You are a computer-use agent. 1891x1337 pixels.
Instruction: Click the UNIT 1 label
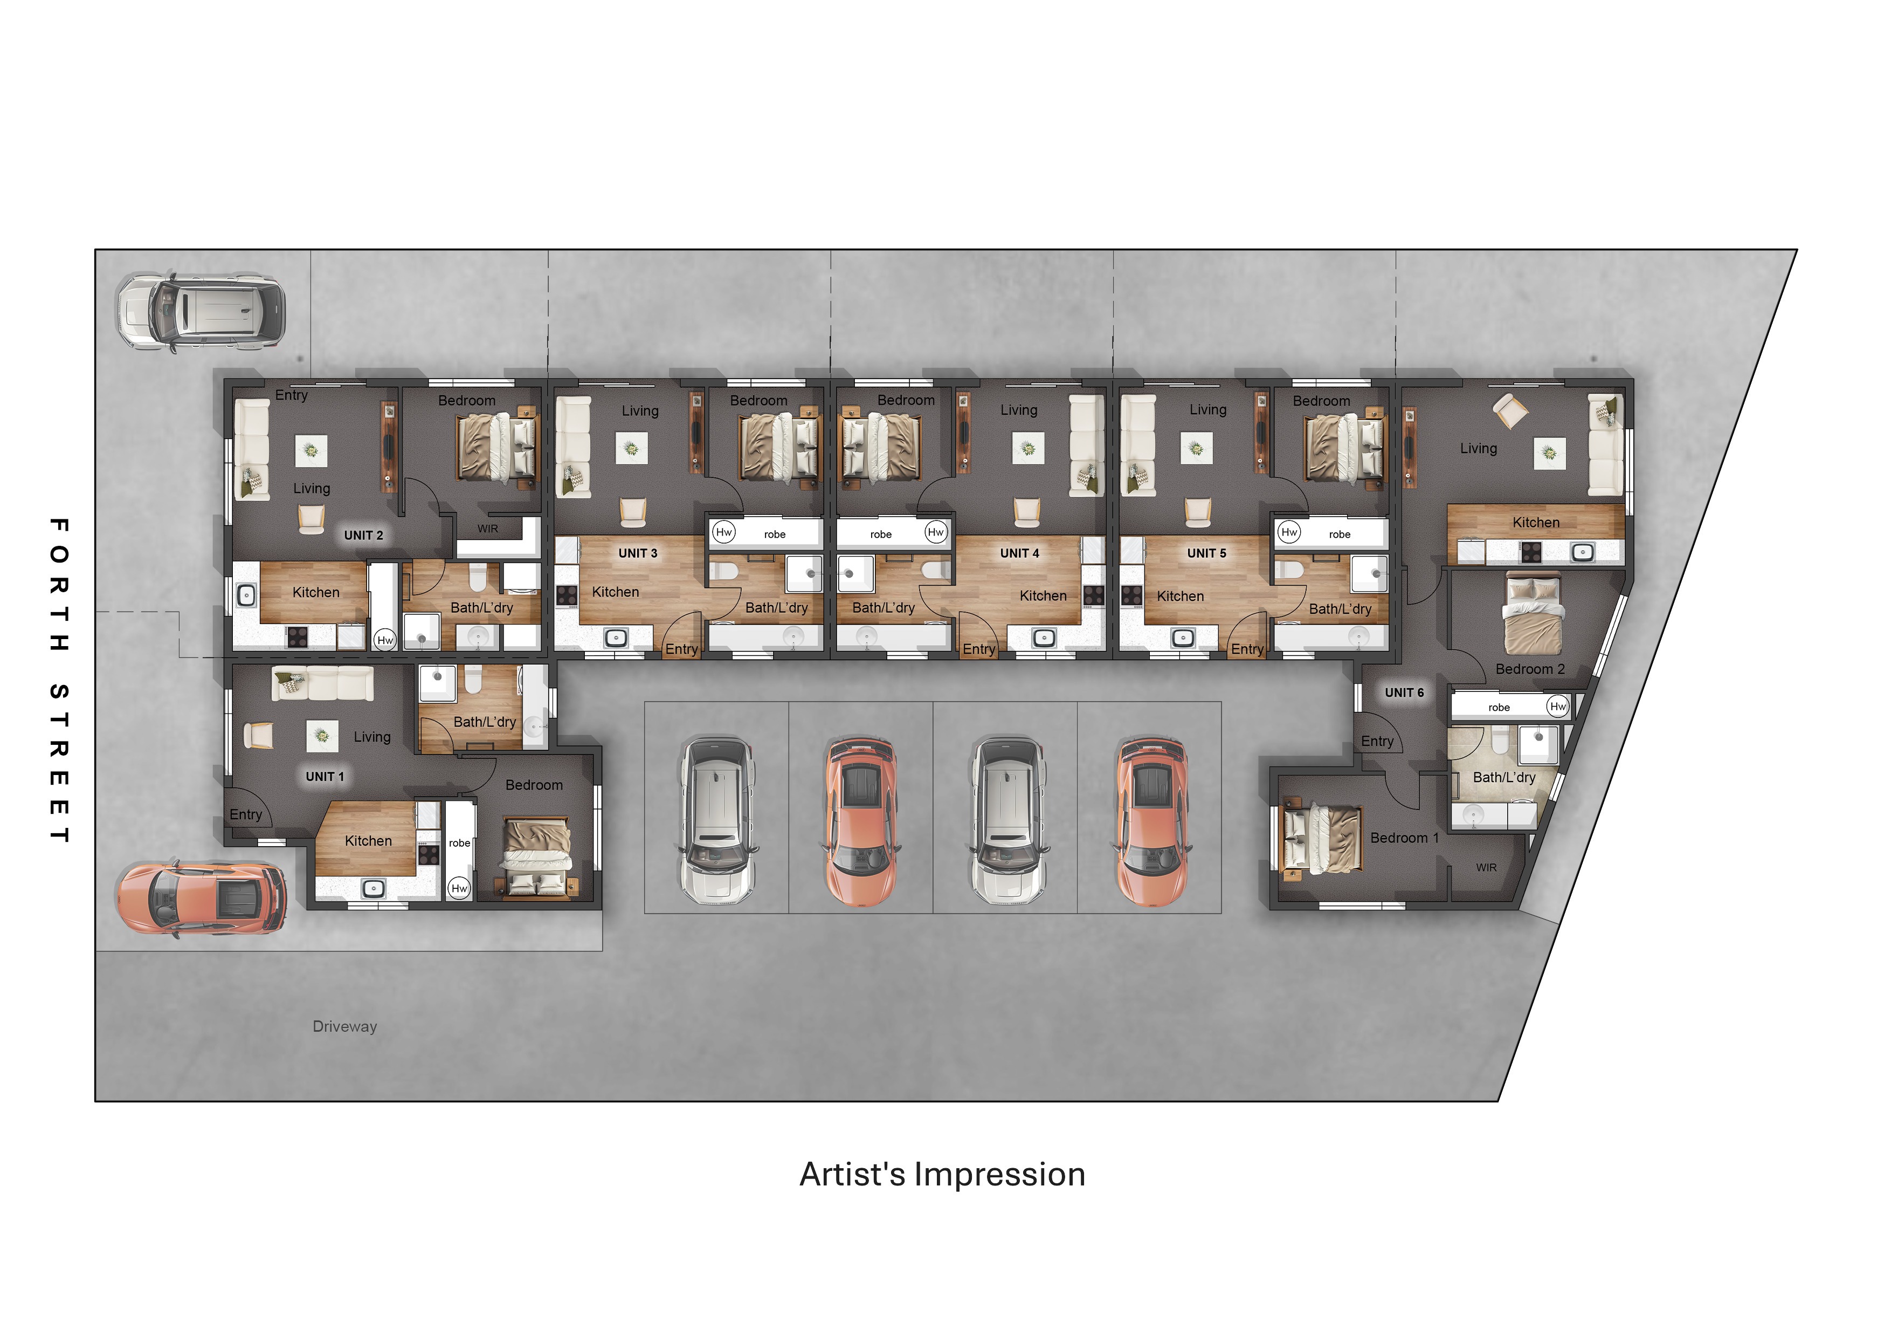[325, 777]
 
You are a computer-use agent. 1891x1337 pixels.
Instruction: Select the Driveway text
[344, 1026]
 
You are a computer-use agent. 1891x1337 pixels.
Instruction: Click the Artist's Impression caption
[942, 1174]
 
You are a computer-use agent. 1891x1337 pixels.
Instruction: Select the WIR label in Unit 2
[488, 529]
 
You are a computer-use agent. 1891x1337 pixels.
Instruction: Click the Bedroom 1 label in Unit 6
[1404, 838]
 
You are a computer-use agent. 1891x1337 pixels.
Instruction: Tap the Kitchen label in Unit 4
[1043, 595]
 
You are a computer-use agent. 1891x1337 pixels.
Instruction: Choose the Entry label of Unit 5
[1247, 649]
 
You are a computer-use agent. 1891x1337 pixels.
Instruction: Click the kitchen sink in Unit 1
[373, 888]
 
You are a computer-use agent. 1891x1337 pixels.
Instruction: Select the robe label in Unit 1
[460, 843]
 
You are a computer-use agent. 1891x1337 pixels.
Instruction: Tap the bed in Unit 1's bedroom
[537, 857]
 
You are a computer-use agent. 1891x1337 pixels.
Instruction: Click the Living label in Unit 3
[640, 410]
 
